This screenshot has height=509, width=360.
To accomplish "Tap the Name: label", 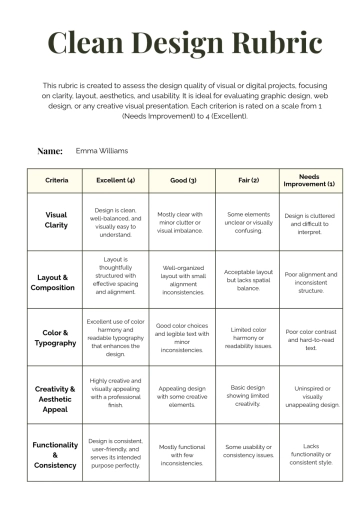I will point(50,151).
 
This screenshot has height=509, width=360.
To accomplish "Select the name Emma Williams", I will point(102,151).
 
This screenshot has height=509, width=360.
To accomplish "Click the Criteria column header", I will point(57,180).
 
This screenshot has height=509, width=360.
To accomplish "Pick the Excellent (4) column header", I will point(115,180).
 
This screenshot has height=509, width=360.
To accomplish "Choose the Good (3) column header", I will point(180,180).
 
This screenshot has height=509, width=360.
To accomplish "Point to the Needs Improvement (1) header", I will point(309,180).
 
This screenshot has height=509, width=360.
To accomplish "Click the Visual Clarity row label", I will point(57,220).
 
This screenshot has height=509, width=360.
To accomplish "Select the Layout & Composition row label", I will point(57,282).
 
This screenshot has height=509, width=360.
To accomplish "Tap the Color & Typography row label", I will point(57,337).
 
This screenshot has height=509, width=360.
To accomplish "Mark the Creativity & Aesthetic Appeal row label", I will point(57,394).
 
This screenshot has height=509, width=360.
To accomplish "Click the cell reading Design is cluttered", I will point(309,220).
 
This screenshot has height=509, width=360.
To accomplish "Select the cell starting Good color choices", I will point(180,338).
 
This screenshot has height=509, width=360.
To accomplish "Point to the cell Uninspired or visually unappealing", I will point(309,394).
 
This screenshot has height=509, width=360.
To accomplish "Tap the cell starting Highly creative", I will point(115,394).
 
